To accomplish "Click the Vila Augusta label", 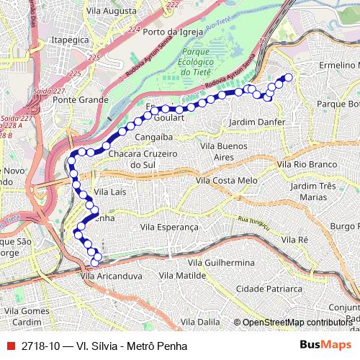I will (110, 12).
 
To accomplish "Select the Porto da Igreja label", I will (171, 32).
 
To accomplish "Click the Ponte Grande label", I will (85, 100).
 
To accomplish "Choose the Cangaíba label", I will (153, 135).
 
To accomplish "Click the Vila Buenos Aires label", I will (224, 151).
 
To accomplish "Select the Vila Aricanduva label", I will (108, 275).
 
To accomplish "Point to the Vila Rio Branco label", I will (306, 165).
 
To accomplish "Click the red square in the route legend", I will (9, 346).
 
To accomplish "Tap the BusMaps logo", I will (325, 346).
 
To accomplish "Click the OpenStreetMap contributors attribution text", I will (299, 323).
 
